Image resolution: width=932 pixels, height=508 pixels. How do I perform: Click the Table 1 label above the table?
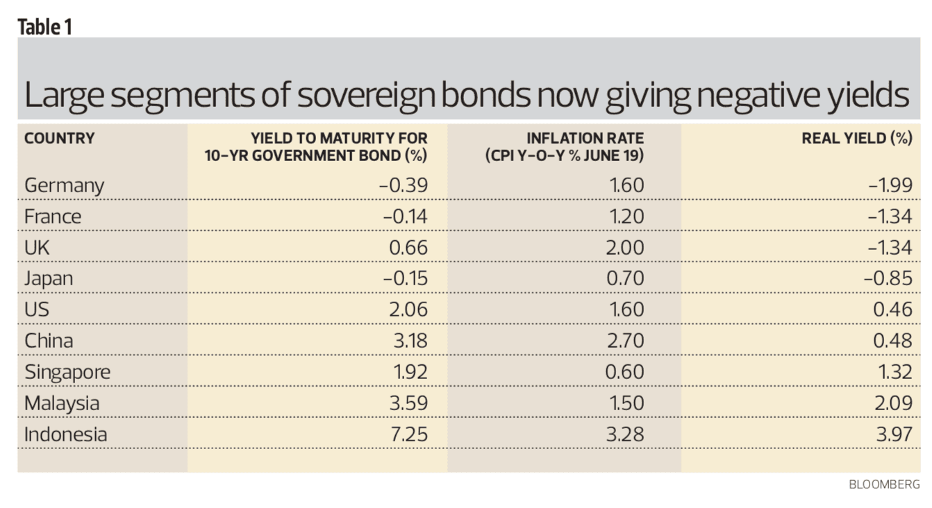pyautogui.click(x=44, y=26)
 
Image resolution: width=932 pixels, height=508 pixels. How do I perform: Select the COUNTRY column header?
pyautogui.click(x=59, y=138)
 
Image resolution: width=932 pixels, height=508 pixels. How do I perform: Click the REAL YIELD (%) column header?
pyautogui.click(x=856, y=138)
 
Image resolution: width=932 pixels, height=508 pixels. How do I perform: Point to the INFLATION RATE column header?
pyautogui.click(x=564, y=146)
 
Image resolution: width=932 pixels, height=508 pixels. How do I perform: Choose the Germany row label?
pyautogui.click(x=64, y=185)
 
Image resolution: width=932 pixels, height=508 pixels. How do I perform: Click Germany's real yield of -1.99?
pyautogui.click(x=890, y=185)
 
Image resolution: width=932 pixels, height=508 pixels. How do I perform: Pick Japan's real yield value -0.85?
pyautogui.click(x=888, y=279)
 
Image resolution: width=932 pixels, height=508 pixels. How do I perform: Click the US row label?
pyautogui.click(x=37, y=310)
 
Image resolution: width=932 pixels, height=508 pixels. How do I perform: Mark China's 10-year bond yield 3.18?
pyautogui.click(x=409, y=341)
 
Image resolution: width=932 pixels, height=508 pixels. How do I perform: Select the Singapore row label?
pyautogui.click(x=67, y=372)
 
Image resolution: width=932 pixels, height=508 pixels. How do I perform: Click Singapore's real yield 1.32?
pyautogui.click(x=894, y=372)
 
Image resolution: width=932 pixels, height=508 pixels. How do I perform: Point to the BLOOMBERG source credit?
pyautogui.click(x=884, y=485)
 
